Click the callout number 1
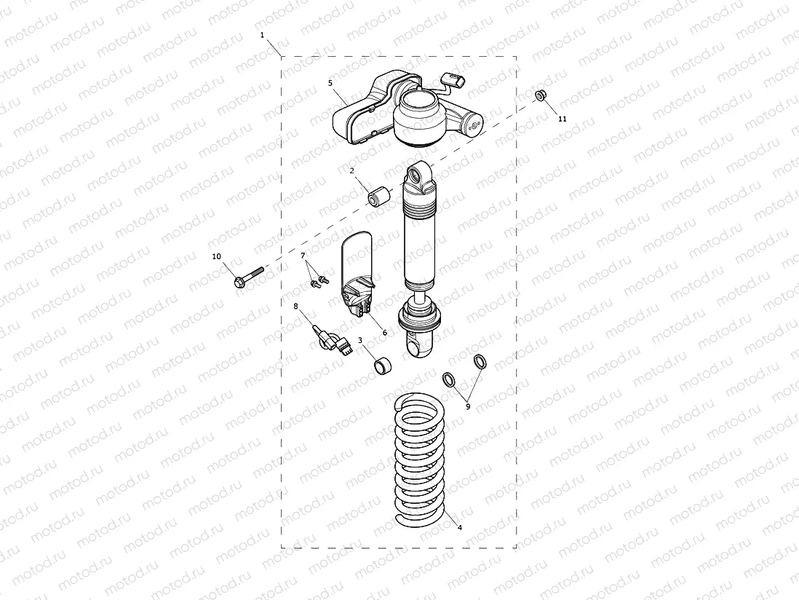pyautogui.click(x=263, y=34)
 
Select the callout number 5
pyautogui.click(x=330, y=83)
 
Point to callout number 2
pyautogui.click(x=351, y=170)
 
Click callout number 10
pyautogui.click(x=215, y=256)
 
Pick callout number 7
pyautogui.click(x=303, y=255)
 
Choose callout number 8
pyautogui.click(x=295, y=307)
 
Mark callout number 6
pyautogui.click(x=384, y=332)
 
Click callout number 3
pyautogui.click(x=359, y=340)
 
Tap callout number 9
pyautogui.click(x=468, y=406)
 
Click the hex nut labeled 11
pyautogui.click(x=541, y=95)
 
